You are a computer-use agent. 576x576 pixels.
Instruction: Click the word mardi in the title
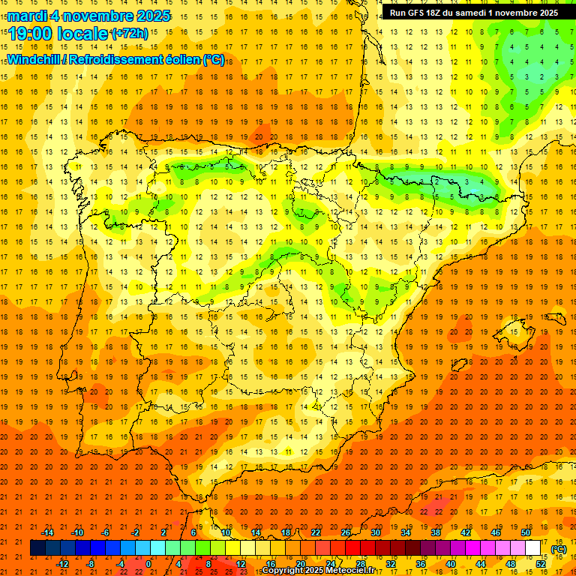[28, 16]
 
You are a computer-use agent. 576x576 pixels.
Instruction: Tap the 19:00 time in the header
[31, 34]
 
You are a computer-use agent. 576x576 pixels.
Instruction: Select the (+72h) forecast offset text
[130, 34]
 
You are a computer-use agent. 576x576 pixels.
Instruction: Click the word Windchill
[35, 59]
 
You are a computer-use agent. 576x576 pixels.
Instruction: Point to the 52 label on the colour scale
[541, 564]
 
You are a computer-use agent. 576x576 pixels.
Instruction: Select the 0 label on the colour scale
[148, 564]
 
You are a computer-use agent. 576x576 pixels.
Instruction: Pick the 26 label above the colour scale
[346, 532]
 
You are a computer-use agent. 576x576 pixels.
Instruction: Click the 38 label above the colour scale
[436, 532]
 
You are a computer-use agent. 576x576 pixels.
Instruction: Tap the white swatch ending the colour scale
[533, 548]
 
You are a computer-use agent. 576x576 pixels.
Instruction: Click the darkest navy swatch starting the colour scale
[37, 548]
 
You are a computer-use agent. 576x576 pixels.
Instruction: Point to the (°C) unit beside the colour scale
[559, 549]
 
